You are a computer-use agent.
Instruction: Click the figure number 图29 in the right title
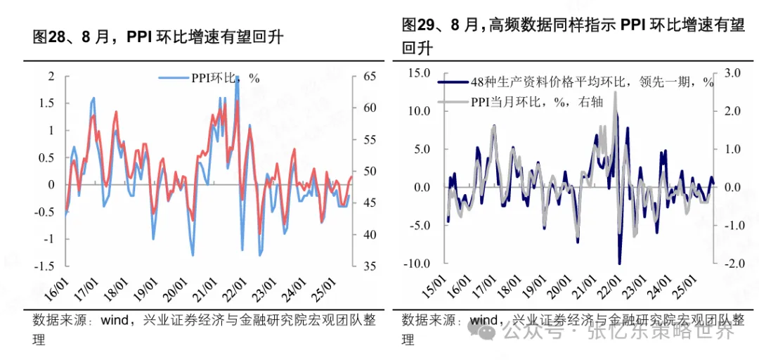[420, 25]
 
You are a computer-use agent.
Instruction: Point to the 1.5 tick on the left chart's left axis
[46, 103]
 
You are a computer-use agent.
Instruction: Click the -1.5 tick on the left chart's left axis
[44, 266]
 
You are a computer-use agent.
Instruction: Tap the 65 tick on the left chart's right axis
[369, 76]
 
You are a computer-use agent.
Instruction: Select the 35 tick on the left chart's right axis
[369, 266]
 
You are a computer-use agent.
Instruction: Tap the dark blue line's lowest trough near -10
[620, 262]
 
